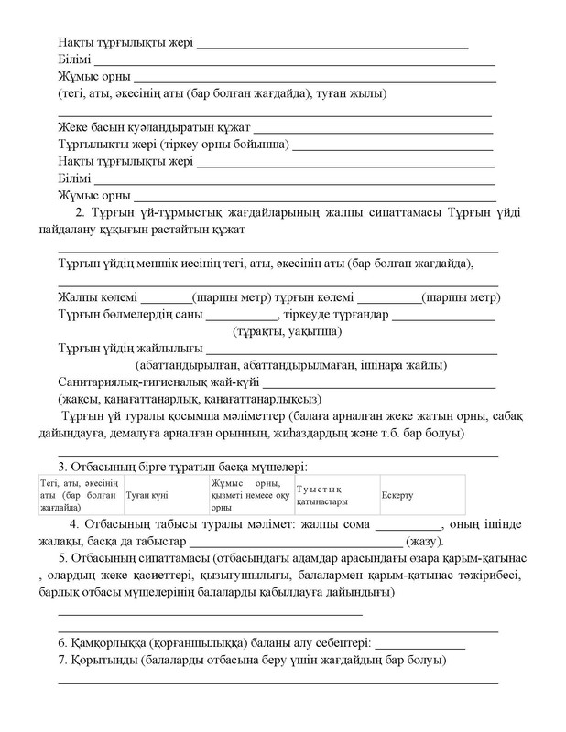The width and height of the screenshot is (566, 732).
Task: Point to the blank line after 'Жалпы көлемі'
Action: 166,298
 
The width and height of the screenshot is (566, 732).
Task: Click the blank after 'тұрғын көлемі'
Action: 388,298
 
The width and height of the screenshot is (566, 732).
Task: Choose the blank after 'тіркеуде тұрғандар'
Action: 444,315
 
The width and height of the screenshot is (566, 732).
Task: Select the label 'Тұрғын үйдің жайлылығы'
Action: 130,348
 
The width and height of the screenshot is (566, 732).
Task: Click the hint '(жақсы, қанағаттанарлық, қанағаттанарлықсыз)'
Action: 188,398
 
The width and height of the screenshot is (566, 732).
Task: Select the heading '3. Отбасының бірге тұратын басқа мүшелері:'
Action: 181,466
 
